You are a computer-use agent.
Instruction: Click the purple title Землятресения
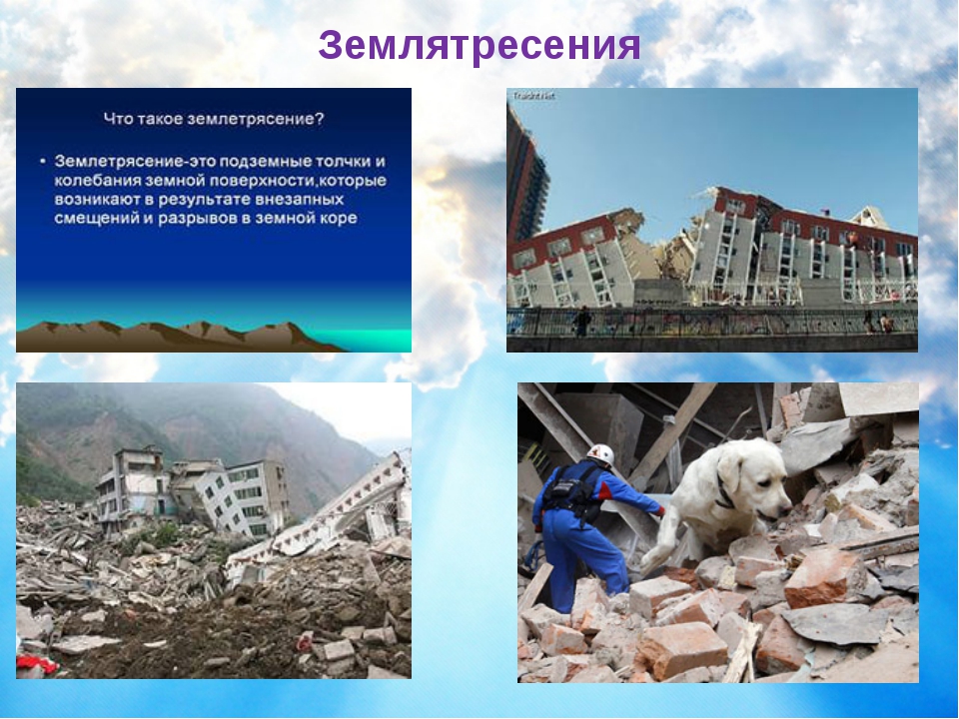[479, 45]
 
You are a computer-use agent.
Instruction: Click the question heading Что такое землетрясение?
[214, 119]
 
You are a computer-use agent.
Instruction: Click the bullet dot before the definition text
[43, 162]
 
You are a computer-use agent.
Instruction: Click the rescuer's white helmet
[601, 455]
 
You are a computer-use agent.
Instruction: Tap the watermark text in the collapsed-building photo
[533, 96]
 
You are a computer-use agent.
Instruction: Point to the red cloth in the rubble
[37, 663]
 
